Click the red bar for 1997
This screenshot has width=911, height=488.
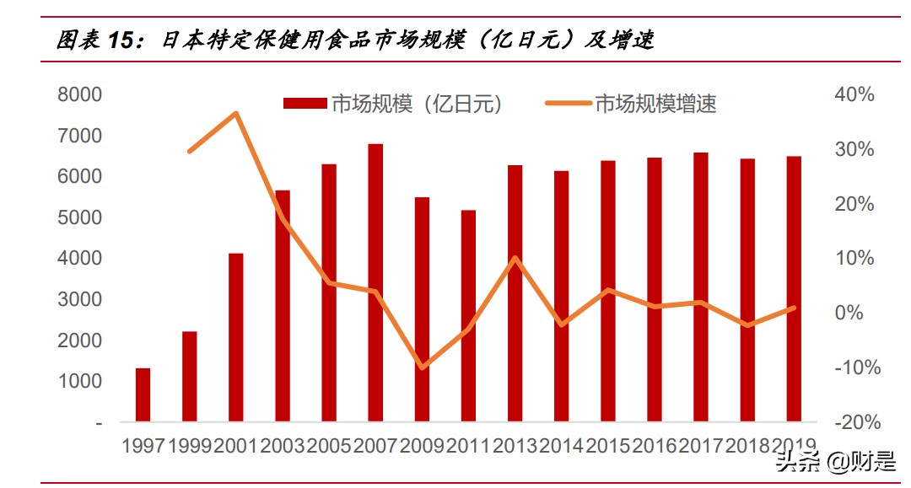point(143,394)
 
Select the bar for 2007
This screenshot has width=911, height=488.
point(375,282)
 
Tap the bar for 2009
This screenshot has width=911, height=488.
point(422,309)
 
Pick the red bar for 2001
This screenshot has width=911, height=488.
point(236,337)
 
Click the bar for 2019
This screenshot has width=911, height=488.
point(794,288)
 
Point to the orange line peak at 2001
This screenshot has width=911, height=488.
point(237,113)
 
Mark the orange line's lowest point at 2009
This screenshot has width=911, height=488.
point(422,367)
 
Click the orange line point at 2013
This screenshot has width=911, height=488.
point(515,258)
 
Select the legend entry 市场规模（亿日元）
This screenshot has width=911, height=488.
point(393,104)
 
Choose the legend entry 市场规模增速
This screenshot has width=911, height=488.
point(632,104)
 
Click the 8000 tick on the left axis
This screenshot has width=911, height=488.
point(79,94)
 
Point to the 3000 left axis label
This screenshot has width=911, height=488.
point(79,299)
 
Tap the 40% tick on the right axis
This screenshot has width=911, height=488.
point(854,94)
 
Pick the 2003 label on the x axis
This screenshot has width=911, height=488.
point(283,446)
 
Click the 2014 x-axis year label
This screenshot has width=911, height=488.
point(562,446)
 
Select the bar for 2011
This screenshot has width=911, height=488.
point(468,316)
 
